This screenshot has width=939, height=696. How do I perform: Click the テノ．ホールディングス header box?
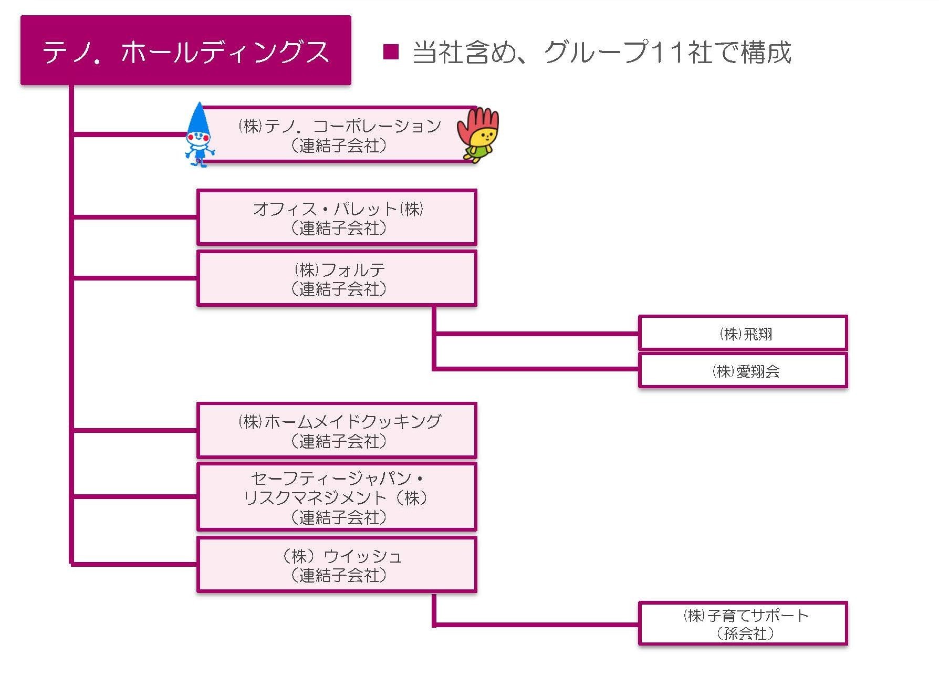185,50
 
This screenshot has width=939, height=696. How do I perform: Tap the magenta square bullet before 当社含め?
391,51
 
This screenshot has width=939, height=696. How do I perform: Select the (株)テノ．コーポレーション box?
339,135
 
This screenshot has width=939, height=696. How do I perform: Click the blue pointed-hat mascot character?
199,137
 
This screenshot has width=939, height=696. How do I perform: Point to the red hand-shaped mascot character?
478,133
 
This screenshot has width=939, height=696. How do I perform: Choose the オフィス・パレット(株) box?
337,217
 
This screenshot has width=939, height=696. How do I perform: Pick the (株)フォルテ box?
337,278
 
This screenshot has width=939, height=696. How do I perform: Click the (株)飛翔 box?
743,333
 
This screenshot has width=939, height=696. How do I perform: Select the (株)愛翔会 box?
743,371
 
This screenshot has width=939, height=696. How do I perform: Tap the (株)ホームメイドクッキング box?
337,430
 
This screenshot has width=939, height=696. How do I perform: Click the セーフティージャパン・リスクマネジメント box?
337,497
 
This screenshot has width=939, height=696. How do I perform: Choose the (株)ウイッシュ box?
337,565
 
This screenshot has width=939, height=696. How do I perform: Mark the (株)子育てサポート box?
743,624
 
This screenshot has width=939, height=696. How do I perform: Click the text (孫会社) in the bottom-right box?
745,633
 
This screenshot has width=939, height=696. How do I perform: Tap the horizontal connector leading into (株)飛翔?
536,333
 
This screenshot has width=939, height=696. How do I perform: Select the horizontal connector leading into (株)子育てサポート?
536,624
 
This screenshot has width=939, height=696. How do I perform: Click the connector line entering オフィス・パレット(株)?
134,216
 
